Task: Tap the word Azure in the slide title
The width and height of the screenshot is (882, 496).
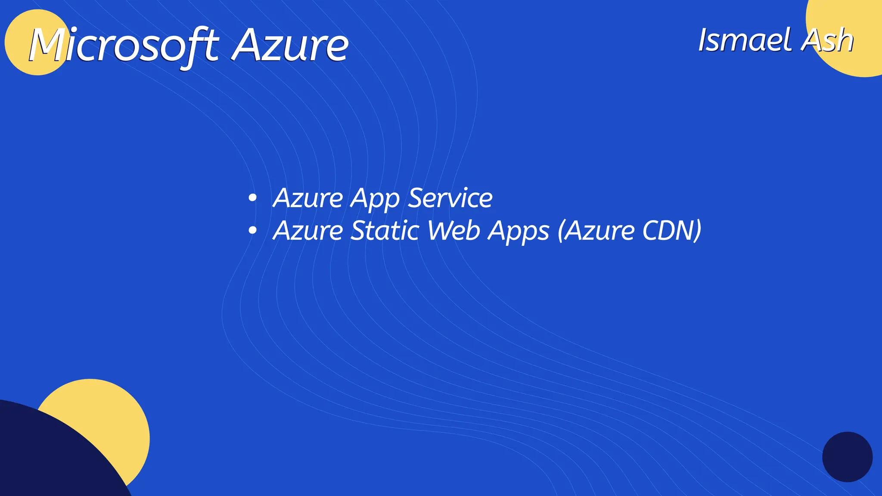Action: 290,45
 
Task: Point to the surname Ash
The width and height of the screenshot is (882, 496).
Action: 827,40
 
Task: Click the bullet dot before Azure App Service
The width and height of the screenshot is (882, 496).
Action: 253,198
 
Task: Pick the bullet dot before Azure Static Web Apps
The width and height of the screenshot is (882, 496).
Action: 253,231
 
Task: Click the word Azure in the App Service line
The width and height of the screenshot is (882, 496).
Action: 308,198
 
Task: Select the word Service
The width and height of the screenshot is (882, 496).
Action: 450,198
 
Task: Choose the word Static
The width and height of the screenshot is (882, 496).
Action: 385,231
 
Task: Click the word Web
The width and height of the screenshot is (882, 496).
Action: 453,231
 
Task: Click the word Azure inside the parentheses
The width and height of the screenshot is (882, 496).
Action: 599,231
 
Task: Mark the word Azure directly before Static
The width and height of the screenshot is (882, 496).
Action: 308,231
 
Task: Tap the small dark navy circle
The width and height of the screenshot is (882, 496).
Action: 847,457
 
